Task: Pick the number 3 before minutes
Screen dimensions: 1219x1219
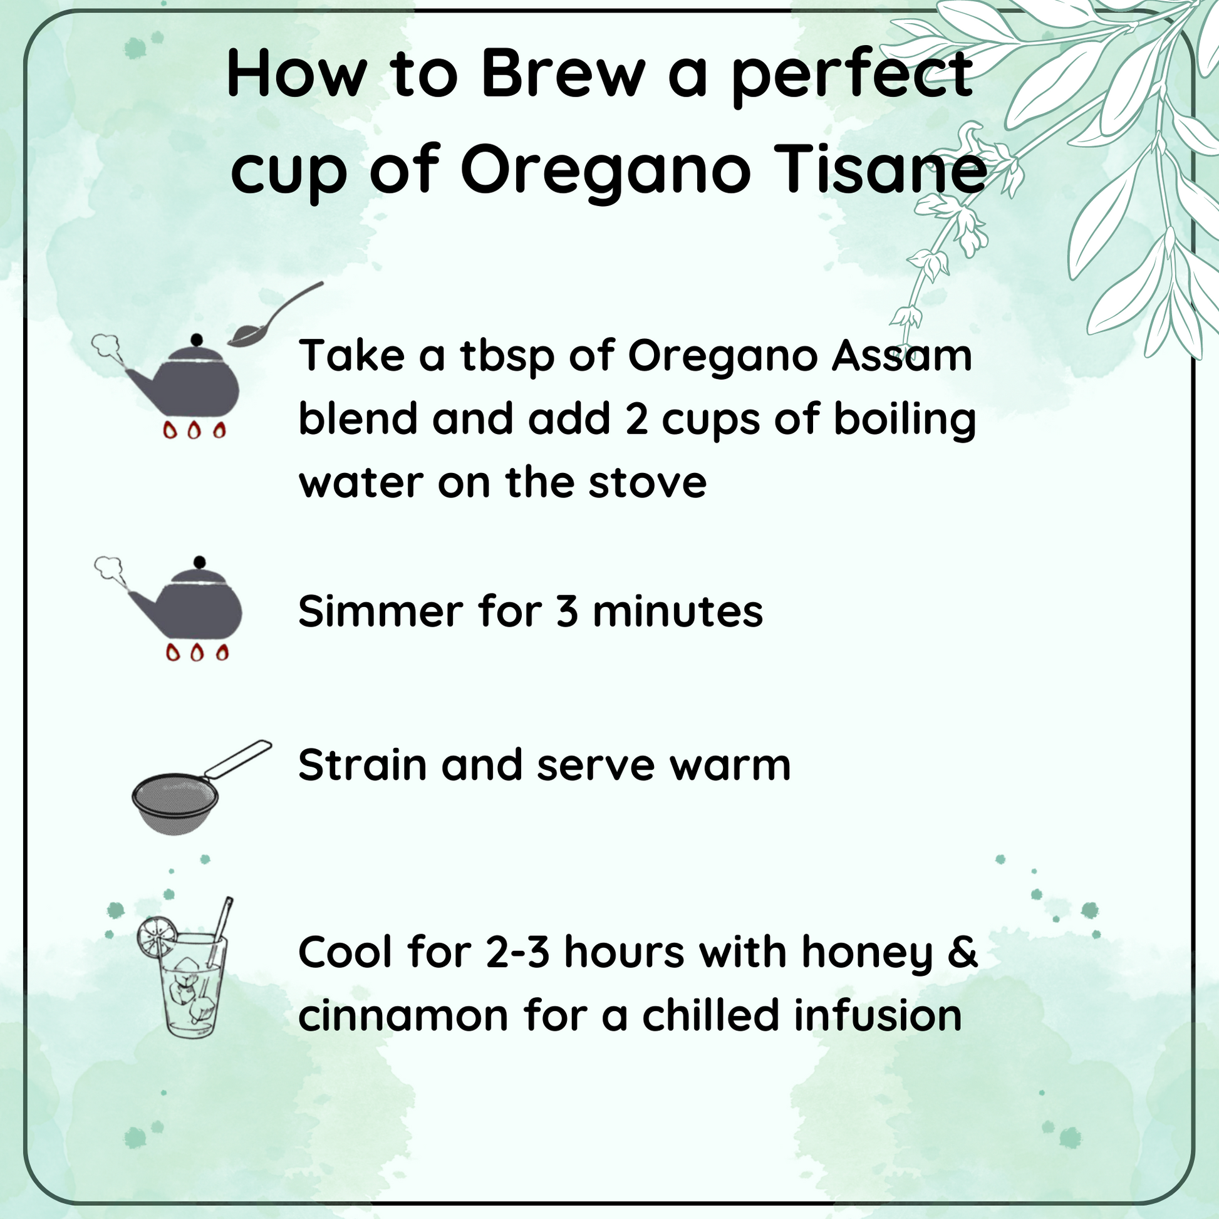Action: click(x=568, y=612)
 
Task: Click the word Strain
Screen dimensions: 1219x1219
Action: click(x=362, y=765)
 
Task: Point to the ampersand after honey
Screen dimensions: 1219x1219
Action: click(x=963, y=952)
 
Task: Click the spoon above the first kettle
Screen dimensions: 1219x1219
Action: click(x=275, y=314)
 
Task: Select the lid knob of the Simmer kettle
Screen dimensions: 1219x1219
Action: click(x=200, y=561)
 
